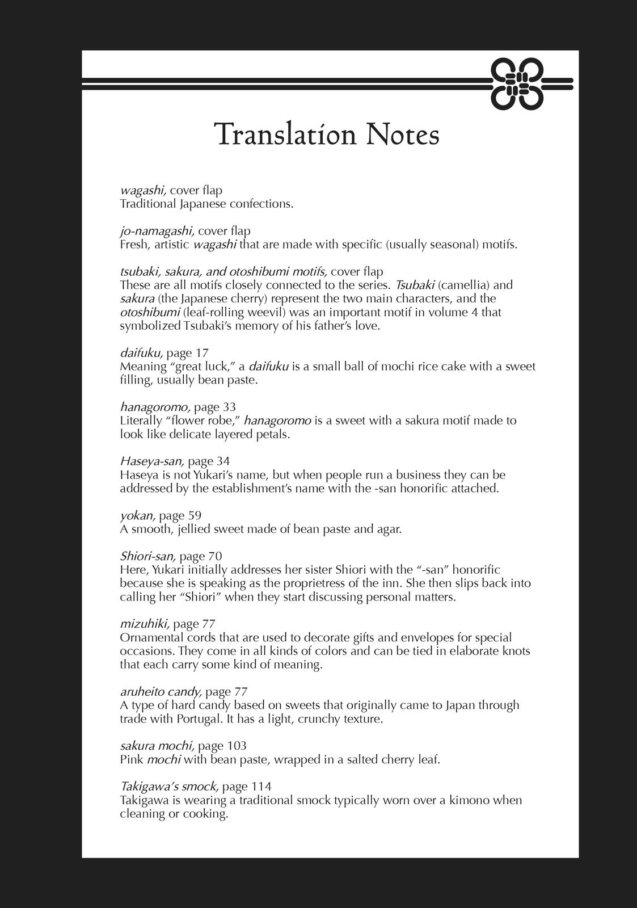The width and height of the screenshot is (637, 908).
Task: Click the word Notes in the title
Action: tap(402, 135)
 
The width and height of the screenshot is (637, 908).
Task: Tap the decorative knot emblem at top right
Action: tap(517, 84)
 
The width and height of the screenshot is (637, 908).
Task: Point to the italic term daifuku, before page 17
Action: tap(142, 353)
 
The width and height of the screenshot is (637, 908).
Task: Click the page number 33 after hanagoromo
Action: tap(229, 407)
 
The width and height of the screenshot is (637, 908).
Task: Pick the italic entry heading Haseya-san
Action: tap(152, 461)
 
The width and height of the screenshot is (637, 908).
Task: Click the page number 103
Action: tap(237, 746)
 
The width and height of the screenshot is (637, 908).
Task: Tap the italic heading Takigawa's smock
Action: tap(169, 787)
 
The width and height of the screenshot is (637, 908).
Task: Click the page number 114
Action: tap(261, 787)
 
